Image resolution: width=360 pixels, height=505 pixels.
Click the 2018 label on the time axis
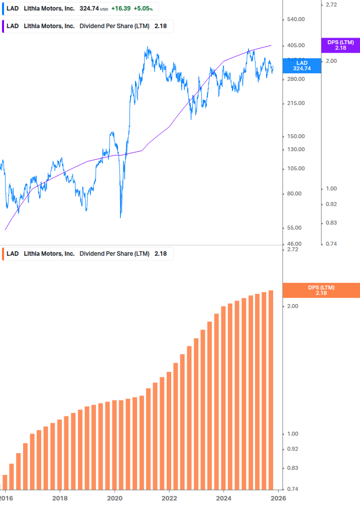60,498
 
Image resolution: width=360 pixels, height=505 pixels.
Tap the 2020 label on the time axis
115,498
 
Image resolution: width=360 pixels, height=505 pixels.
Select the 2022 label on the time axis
170,498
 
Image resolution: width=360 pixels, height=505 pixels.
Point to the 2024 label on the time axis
224,498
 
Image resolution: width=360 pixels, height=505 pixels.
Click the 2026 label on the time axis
279,498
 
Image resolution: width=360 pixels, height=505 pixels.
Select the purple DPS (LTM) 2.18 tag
340,45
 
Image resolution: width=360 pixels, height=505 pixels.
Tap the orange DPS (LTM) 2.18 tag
321,290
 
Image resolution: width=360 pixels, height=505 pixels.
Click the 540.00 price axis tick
295,19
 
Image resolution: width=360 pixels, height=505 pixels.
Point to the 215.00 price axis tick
295,104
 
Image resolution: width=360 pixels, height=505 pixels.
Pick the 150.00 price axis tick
295,136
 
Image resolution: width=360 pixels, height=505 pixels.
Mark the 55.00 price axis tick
295,228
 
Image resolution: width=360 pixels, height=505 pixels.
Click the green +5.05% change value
143,9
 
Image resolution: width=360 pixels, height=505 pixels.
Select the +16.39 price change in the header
121,9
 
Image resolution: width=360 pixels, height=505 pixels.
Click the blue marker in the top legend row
3,9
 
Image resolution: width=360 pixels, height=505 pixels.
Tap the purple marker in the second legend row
3,26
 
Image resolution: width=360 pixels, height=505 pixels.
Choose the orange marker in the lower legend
3,254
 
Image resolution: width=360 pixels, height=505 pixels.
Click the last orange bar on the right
271,389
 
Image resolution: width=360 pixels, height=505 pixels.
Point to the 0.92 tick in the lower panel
293,449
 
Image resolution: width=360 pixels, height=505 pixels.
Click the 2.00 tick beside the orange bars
293,306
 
